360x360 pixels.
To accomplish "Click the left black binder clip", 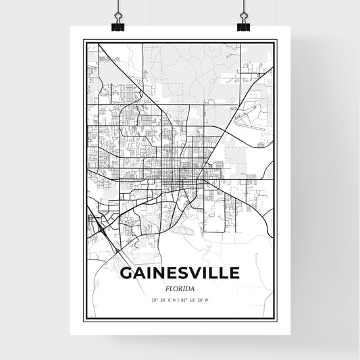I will [118, 26].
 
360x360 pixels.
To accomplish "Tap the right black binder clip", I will [242, 26].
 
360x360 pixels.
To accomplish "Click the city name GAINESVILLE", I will [180, 273].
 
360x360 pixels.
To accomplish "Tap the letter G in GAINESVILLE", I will [126, 273].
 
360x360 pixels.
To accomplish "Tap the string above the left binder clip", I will [118, 5].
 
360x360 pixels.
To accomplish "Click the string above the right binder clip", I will [242, 5].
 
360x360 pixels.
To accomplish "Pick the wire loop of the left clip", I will [118, 17].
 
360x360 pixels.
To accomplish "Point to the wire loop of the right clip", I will [242, 17].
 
